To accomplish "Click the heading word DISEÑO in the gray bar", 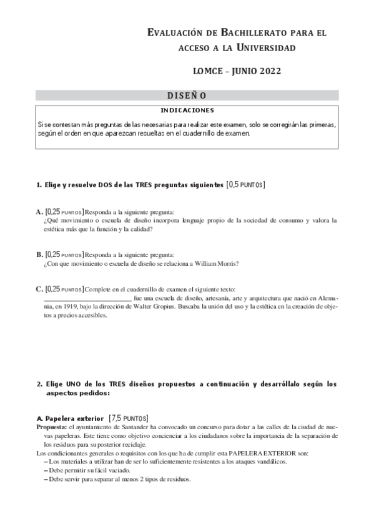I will pos(186,95).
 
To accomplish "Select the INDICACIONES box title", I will pos(187,110).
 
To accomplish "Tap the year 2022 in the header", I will pos(265,70).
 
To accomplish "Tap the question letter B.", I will pos(39,255).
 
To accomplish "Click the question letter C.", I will pos(39,289).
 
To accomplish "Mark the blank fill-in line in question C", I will pos(87,299).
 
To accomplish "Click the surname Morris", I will pos(225,263).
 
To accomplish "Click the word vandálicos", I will pos(270,462).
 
